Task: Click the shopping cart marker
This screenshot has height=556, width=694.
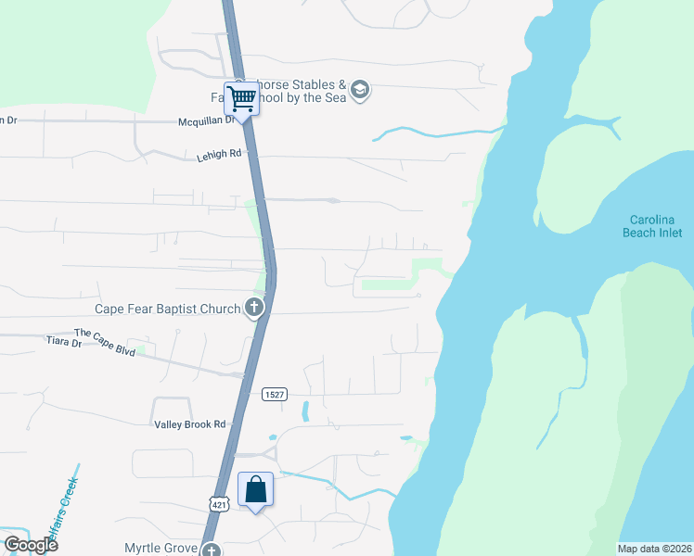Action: tap(241, 97)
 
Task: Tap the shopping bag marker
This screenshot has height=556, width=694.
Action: tap(256, 488)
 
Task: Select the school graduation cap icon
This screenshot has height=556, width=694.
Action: tap(360, 91)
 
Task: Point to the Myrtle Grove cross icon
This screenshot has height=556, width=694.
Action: tap(212, 550)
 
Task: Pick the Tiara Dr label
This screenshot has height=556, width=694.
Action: tap(64, 342)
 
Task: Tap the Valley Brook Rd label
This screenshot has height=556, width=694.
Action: tap(190, 424)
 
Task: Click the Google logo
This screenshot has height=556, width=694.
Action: tap(30, 545)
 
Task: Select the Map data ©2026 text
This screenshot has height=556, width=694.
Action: tap(655, 549)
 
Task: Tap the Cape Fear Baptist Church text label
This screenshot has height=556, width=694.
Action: tap(168, 309)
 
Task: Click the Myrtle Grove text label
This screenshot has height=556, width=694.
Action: tap(161, 549)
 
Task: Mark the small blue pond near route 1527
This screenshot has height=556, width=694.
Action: tap(305, 411)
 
